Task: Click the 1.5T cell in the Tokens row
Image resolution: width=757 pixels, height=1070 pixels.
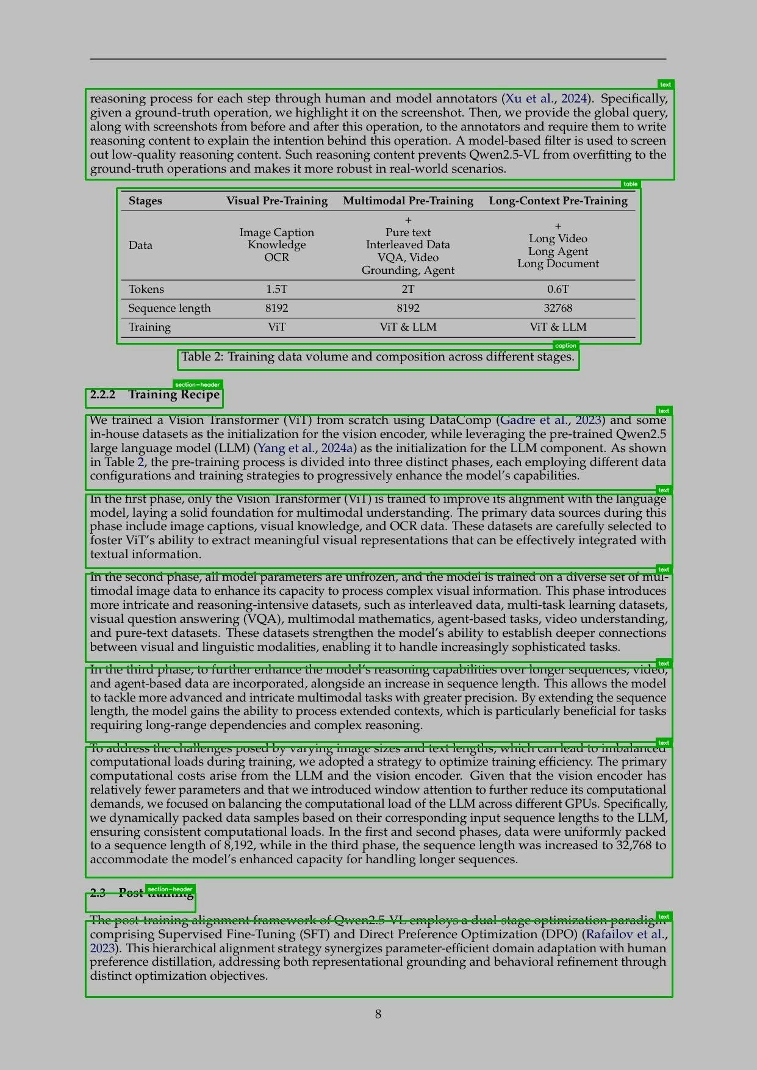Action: (x=276, y=289)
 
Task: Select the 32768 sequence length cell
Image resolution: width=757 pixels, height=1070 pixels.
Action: (x=558, y=308)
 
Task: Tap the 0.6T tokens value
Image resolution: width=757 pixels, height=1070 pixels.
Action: (x=558, y=289)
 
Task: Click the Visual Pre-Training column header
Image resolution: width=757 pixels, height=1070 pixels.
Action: (x=277, y=201)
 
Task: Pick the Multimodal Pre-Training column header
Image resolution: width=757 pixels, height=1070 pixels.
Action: (x=408, y=201)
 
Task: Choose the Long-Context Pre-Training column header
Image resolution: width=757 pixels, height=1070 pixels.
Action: (x=558, y=201)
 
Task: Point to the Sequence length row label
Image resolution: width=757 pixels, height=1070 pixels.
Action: (x=169, y=308)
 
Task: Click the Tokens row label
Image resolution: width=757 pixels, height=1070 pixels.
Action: (x=146, y=289)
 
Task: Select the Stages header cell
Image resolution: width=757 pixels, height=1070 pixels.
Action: (x=145, y=201)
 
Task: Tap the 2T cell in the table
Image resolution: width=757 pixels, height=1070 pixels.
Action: (x=408, y=289)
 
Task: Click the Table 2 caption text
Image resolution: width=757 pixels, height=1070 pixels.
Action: (x=378, y=357)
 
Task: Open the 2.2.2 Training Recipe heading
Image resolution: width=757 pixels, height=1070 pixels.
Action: (x=154, y=395)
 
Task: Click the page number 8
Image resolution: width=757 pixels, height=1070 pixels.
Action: (x=378, y=1014)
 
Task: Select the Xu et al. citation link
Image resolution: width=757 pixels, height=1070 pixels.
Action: (x=529, y=99)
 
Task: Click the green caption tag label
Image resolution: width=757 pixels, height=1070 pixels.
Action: (x=565, y=346)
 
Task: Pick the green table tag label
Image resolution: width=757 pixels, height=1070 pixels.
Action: (x=631, y=184)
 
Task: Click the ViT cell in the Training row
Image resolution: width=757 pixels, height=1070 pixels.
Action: (x=276, y=327)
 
